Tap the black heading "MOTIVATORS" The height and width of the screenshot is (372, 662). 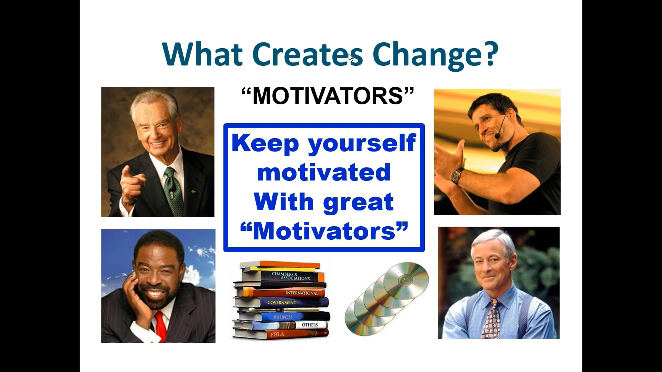click(x=327, y=96)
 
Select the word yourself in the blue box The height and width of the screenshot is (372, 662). click(x=361, y=143)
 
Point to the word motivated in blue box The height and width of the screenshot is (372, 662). click(x=324, y=172)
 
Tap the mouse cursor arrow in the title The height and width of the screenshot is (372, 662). click(x=351, y=57)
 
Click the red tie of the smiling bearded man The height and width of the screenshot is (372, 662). click(x=160, y=325)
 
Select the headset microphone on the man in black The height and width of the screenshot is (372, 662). click(x=498, y=136)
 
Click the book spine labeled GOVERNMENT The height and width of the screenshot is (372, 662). click(x=282, y=302)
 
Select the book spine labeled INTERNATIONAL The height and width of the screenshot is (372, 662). click(x=301, y=293)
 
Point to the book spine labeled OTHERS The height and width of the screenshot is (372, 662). click(x=310, y=325)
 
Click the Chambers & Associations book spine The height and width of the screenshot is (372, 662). click(x=290, y=276)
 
